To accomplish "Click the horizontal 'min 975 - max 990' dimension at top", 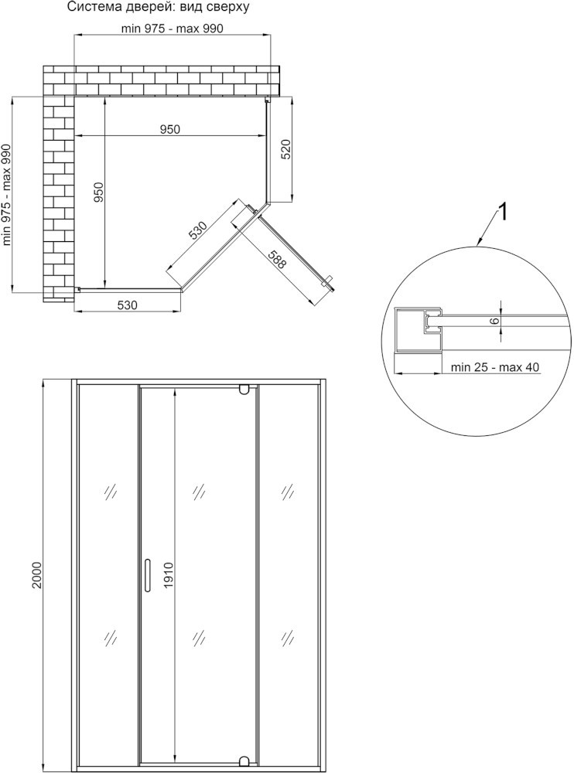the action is [173, 29].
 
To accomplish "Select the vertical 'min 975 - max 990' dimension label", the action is [6, 195].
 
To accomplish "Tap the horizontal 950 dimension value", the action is [169, 129].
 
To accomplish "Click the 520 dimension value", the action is [285, 150].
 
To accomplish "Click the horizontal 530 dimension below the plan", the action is [127, 305].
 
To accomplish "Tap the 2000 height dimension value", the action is [36, 575].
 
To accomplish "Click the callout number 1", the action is [503, 213].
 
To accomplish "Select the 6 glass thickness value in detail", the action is [496, 321].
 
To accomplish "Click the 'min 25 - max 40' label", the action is [494, 367].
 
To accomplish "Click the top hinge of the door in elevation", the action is [244, 390].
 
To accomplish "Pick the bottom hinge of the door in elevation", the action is [244, 760].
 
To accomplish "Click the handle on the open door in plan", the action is [327, 281].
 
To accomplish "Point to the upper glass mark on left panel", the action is [111, 491].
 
